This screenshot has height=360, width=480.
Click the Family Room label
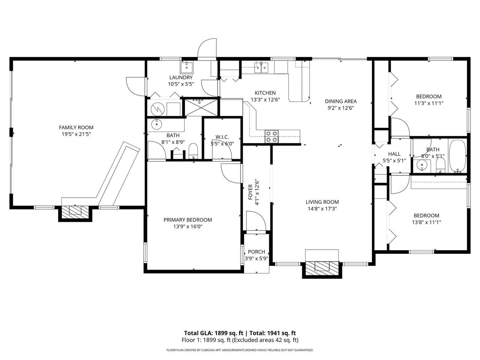tap(76, 127)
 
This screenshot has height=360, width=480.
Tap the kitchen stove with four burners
tap(271, 136)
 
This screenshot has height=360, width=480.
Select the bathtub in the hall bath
tap(457, 156)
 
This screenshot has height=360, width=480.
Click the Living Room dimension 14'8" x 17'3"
tap(322, 209)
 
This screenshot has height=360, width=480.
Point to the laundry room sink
tap(186, 67)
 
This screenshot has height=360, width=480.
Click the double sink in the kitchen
tap(261, 67)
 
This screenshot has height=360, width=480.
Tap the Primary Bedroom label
tap(187, 220)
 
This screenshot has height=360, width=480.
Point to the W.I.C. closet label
tap(222, 137)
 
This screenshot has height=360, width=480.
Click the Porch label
tap(256, 252)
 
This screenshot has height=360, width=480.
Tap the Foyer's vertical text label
tap(250, 192)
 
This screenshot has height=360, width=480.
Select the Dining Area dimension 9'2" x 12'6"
tap(341, 108)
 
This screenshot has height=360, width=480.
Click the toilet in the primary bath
tap(193, 151)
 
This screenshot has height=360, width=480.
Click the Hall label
tap(394, 154)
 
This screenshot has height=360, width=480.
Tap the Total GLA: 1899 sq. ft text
tap(214, 333)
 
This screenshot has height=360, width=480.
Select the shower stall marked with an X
tap(201, 107)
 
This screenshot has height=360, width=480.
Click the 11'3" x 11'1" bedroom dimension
tap(429, 103)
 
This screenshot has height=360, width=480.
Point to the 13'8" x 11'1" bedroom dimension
tap(426, 222)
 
